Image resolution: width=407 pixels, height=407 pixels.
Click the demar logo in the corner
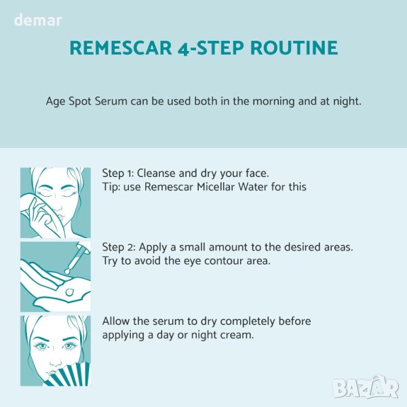(x=38, y=20)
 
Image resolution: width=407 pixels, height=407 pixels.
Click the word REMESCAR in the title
(x=121, y=47)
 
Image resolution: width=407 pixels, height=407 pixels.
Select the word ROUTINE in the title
(x=294, y=47)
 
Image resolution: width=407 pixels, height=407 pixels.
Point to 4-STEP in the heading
(x=211, y=47)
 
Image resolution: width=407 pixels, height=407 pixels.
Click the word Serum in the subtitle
(x=111, y=101)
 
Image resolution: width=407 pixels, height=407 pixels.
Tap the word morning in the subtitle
(x=273, y=102)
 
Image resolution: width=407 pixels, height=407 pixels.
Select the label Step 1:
(x=118, y=174)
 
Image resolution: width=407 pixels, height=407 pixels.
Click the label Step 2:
(x=119, y=248)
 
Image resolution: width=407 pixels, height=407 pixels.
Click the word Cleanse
(x=156, y=173)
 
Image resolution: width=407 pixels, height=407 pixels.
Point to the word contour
(x=223, y=261)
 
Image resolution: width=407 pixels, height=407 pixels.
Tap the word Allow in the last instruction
(x=116, y=321)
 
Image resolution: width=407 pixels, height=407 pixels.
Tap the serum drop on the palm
(x=70, y=292)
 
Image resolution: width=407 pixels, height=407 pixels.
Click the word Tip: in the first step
(x=111, y=187)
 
